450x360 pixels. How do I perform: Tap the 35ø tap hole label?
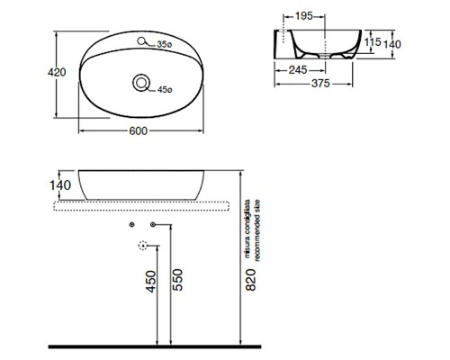point(164,43)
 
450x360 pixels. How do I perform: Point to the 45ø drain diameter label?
point(164,89)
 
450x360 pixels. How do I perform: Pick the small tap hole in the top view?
point(142,40)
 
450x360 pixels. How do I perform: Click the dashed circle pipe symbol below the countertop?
point(142,245)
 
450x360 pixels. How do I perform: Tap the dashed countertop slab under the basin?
point(144,206)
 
